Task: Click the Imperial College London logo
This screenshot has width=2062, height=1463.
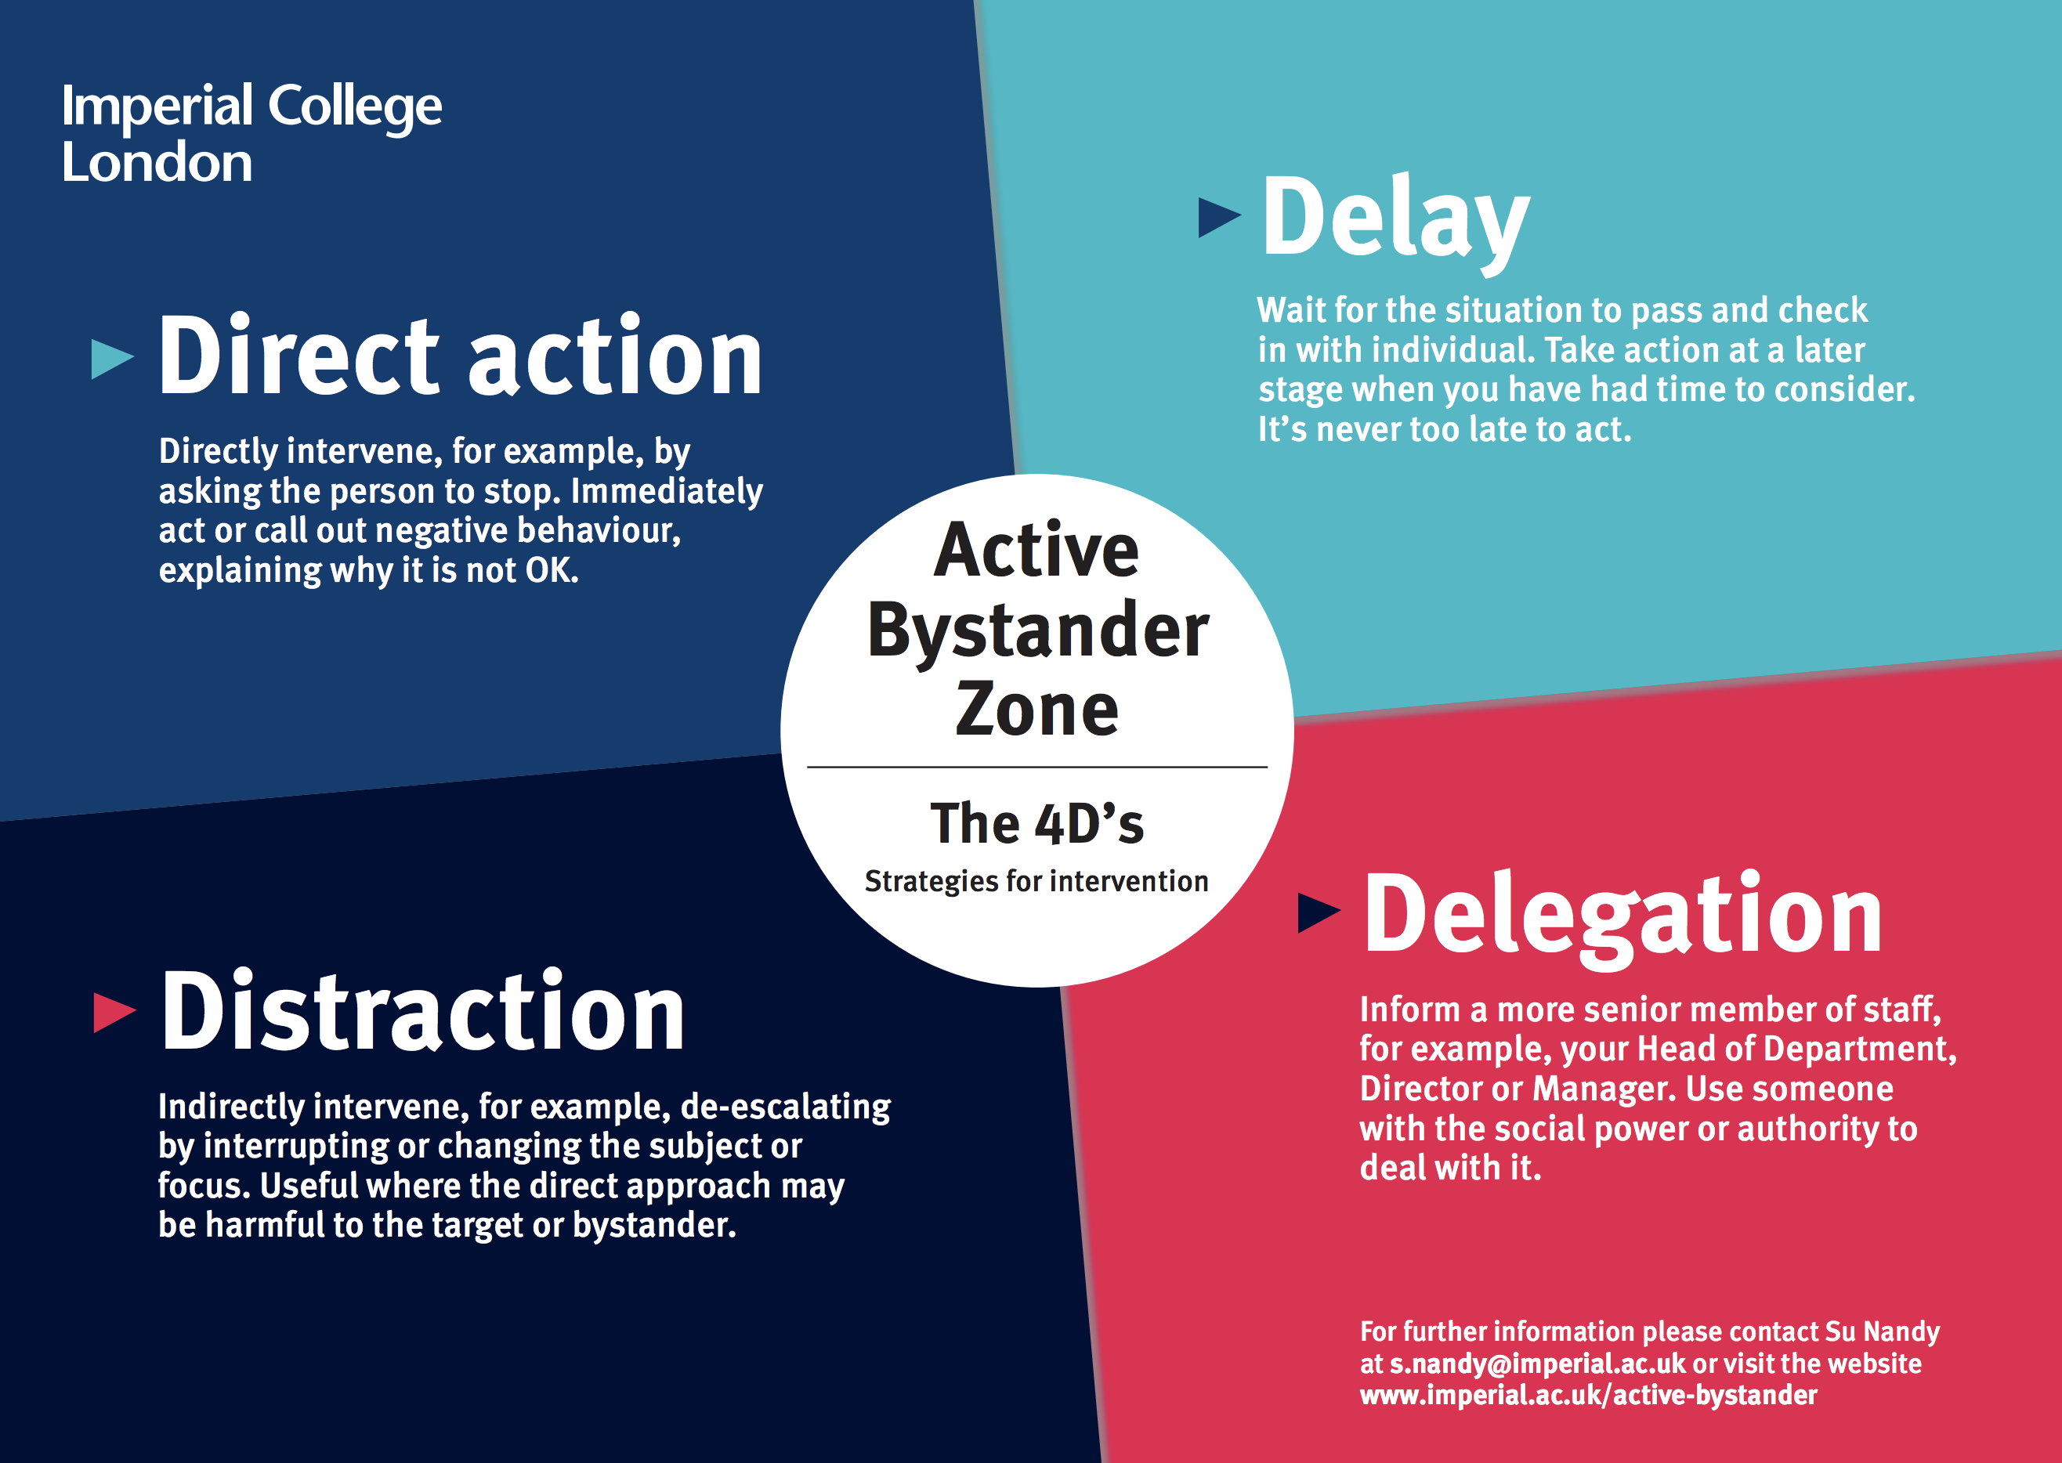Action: tap(251, 133)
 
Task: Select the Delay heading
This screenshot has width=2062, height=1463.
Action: tap(1395, 220)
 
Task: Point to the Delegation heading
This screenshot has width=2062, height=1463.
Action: tap(1622, 917)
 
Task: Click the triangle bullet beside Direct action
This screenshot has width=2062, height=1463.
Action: tap(113, 358)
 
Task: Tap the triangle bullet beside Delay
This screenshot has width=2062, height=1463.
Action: tap(1219, 217)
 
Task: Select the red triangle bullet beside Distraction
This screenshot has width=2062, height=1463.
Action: tap(114, 1012)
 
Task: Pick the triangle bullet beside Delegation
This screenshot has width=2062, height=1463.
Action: tap(1319, 912)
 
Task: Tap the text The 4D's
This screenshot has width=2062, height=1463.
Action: tap(1036, 823)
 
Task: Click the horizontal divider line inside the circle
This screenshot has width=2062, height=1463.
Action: tap(1037, 767)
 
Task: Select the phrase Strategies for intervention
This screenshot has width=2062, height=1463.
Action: tap(1036, 881)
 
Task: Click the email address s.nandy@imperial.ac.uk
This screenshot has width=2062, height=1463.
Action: tap(1536, 1364)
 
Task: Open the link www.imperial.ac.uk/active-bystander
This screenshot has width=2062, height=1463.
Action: tap(1588, 1396)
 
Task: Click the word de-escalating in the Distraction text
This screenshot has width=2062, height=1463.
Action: tap(785, 1107)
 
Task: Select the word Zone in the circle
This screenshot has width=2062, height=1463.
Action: tap(1036, 710)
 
